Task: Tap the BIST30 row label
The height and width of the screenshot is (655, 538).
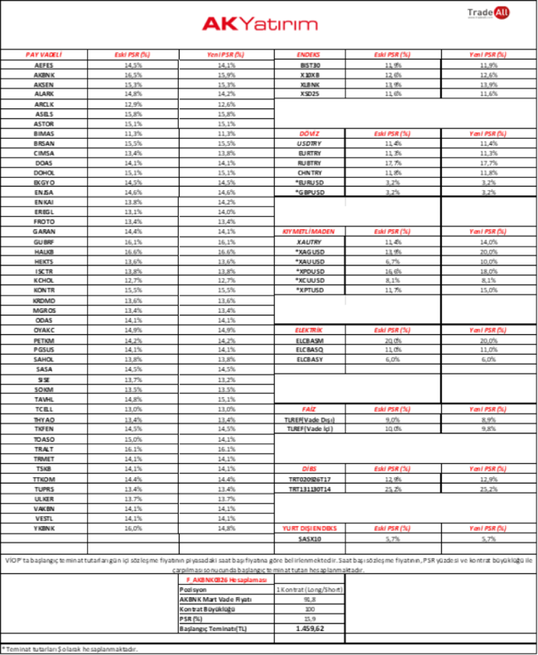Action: point(310,64)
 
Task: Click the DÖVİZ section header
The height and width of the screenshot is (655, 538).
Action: point(308,132)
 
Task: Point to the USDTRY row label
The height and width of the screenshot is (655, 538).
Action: point(310,143)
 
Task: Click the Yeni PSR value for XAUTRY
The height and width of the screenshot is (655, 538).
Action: point(489,241)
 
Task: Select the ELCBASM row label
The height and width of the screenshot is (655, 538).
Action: point(310,340)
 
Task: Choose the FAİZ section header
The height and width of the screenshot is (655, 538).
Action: point(308,409)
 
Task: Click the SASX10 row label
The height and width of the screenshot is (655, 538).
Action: point(310,538)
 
